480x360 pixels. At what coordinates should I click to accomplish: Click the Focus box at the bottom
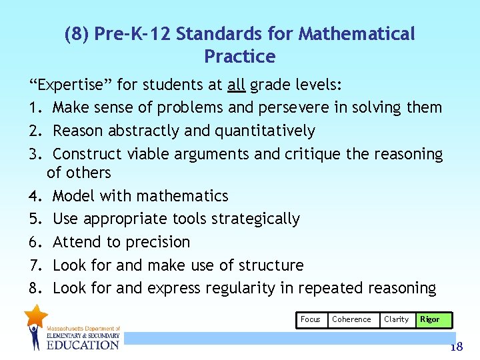tap(311, 319)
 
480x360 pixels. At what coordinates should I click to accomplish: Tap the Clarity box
tap(396, 319)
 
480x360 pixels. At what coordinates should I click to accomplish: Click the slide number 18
tap(456, 347)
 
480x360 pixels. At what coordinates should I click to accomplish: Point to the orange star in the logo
tap(36, 315)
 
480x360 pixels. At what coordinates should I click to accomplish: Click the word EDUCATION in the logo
tap(83, 344)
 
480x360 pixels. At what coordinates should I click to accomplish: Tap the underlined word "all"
tap(236, 85)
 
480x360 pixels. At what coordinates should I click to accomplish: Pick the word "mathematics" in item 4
tap(185, 196)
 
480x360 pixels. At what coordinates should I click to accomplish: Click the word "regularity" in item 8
tap(255, 289)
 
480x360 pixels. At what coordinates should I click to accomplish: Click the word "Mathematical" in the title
tap(357, 33)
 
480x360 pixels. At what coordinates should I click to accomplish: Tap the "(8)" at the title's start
tap(77, 33)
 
